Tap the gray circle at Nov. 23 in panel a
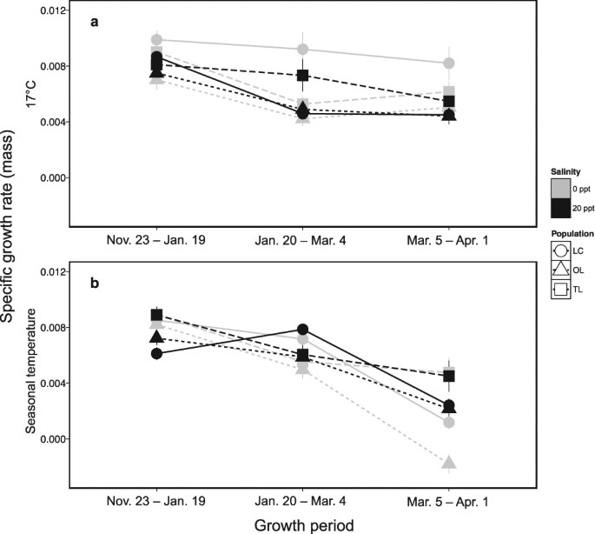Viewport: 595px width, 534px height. [156, 40]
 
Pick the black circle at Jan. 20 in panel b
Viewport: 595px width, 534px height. [303, 330]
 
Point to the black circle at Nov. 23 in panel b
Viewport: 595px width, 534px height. [156, 354]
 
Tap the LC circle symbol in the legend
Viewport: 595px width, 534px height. [560, 251]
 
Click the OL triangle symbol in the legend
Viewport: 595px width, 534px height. [560, 270]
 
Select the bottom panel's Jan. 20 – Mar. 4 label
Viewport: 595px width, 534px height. [303, 503]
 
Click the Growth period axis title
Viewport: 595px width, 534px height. [303, 524]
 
